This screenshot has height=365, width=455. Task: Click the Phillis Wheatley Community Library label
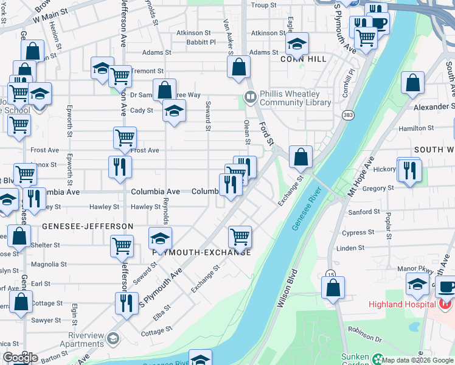(x=290, y=98)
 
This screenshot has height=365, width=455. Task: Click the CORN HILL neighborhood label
(x=295, y=59)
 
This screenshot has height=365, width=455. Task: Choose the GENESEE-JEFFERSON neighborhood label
(x=88, y=226)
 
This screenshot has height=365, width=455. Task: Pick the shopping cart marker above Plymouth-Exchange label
(x=240, y=237)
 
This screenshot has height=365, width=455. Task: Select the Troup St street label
(x=263, y=5)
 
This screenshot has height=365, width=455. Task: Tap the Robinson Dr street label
(x=364, y=333)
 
